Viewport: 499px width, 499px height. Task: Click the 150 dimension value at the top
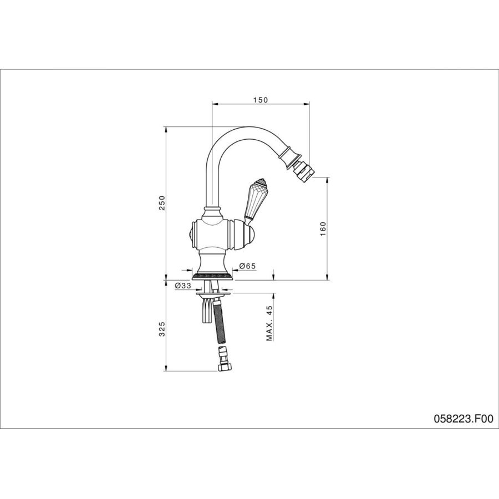pyautogui.click(x=261, y=100)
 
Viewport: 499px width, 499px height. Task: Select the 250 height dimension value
pyautogui.click(x=162, y=203)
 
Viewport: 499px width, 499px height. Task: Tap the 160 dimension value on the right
pyautogui.click(x=323, y=229)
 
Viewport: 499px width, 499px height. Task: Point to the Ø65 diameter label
pyautogui.click(x=247, y=266)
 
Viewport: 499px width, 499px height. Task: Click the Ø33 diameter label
pyautogui.click(x=182, y=286)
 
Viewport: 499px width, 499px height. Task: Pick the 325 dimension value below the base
pyautogui.click(x=162, y=329)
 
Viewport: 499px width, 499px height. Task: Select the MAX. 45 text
pyautogui.click(x=270, y=323)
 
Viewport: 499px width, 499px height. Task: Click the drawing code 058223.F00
pyautogui.click(x=464, y=419)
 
